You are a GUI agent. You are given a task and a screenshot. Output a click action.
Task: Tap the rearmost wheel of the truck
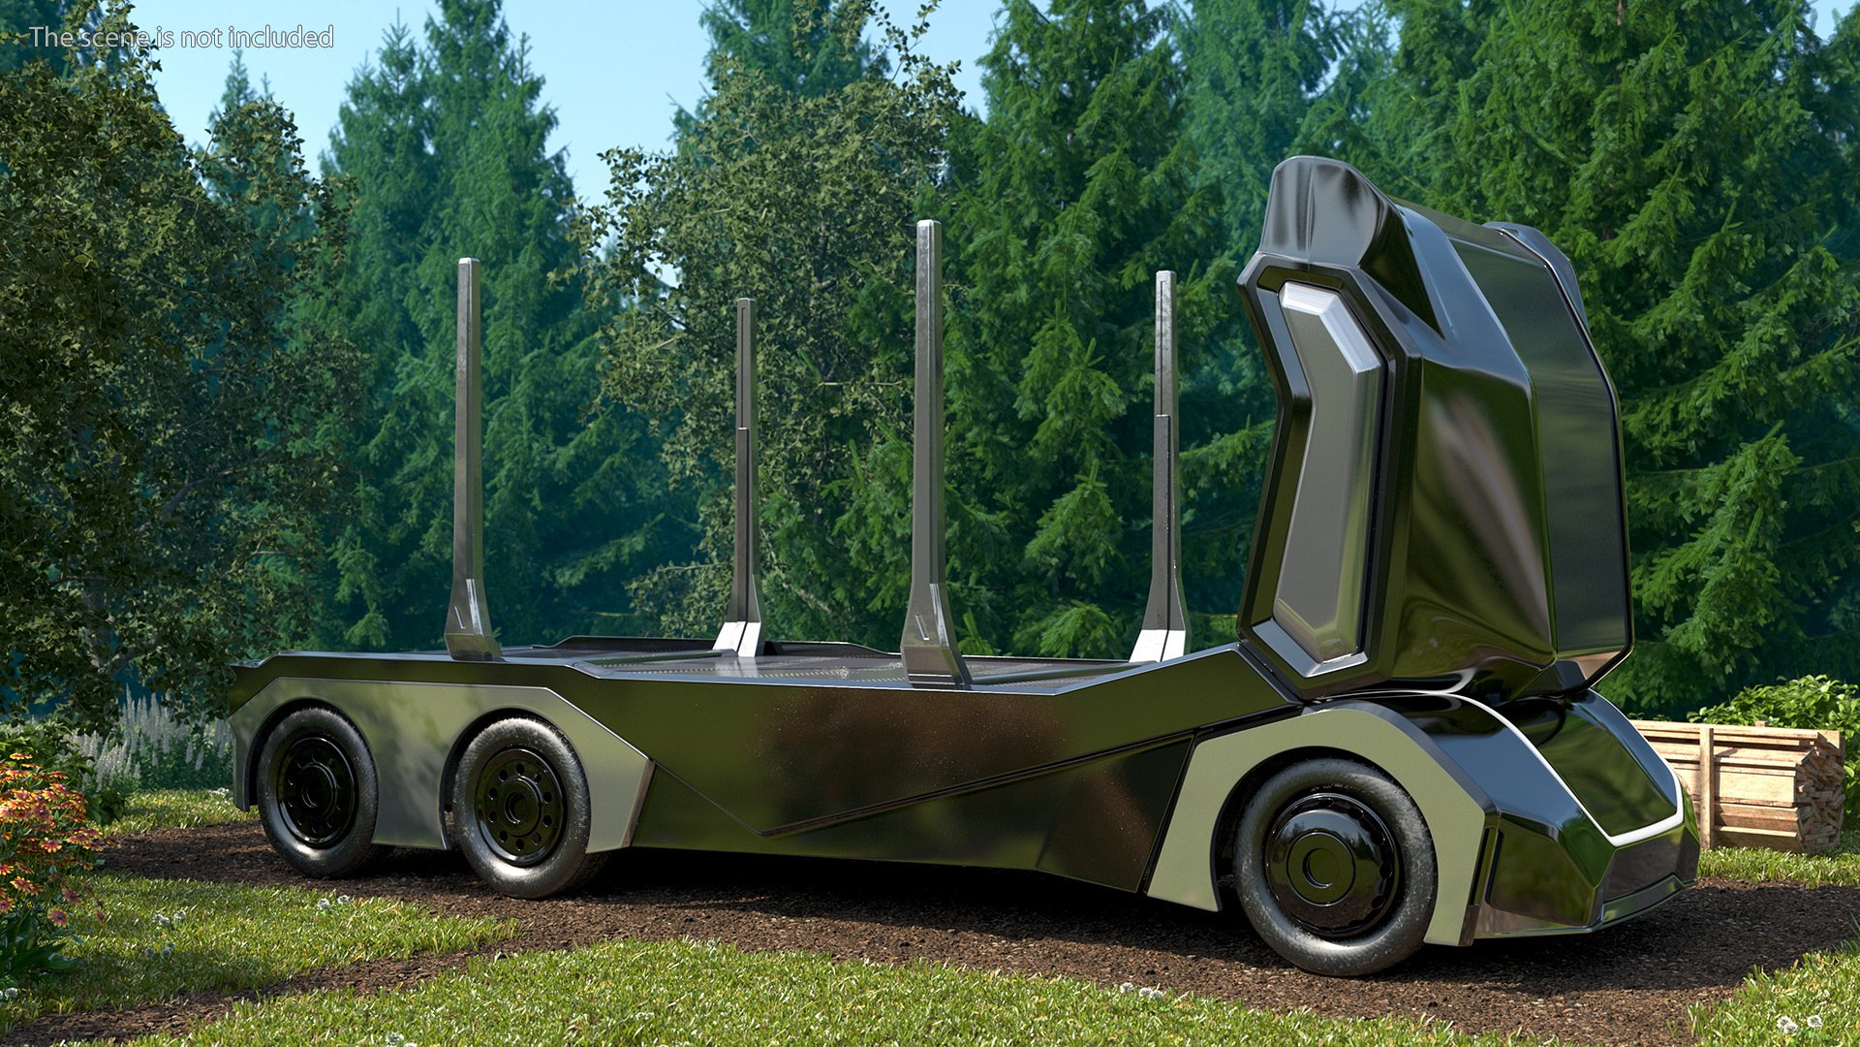coord(315,791)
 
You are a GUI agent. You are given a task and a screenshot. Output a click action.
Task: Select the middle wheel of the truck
coord(520,808)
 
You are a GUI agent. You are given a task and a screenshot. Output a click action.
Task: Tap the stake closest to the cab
coord(1165,436)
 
